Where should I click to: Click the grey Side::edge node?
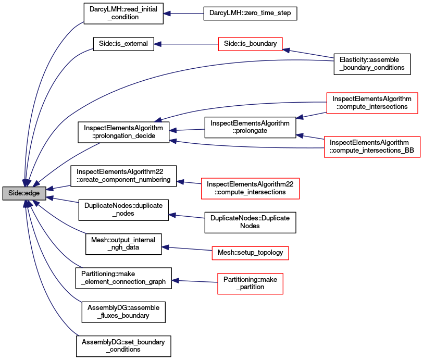[24, 193]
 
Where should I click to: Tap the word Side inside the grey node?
[15, 193]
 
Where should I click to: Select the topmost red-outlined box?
[250, 44]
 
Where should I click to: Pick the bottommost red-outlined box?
[250, 283]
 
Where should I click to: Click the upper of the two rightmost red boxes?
[372, 103]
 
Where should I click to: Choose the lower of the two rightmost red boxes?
[372, 147]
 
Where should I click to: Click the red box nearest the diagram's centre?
[250, 188]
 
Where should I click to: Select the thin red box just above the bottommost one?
[250, 253]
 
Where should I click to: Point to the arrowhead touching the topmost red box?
[286, 50]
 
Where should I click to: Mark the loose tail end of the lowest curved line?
[79, 336]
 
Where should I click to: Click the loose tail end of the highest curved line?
[83, 22]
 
